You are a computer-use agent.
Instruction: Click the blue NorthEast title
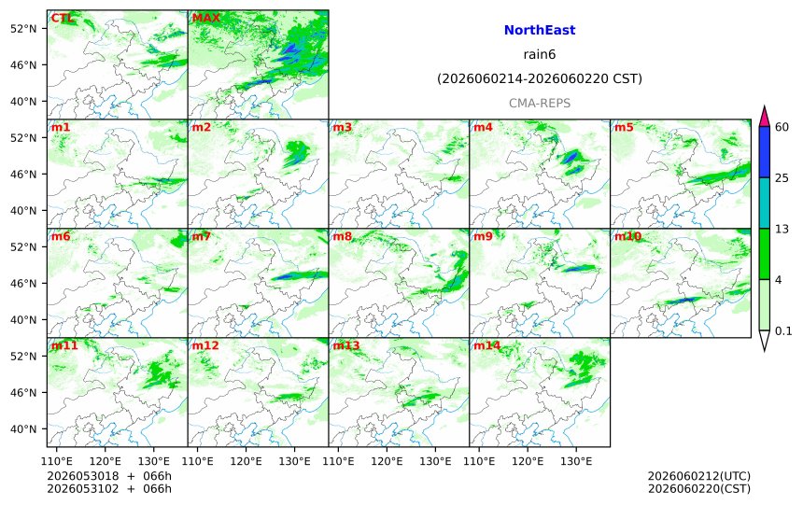tap(540, 30)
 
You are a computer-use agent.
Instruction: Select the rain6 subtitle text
tap(540, 54)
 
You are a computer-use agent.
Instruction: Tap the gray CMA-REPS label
tap(540, 103)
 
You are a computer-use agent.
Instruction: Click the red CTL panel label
tap(62, 18)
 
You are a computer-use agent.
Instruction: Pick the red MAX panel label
tap(205, 18)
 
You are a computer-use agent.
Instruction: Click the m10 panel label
tap(627, 236)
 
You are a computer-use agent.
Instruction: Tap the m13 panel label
tap(346, 345)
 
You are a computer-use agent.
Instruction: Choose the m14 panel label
tap(487, 345)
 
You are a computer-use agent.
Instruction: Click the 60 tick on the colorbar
tap(782, 127)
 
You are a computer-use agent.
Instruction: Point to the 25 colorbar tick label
tap(782, 177)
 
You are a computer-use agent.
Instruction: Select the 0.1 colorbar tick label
tap(783, 330)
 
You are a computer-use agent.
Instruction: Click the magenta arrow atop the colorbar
tap(765, 117)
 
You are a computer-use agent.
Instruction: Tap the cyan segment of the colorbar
tap(765, 203)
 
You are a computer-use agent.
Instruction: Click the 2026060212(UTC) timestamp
tap(699, 476)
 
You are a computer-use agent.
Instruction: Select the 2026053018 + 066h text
tap(109, 476)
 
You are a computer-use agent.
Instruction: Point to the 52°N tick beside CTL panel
tap(23, 29)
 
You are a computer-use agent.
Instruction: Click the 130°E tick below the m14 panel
tap(576, 461)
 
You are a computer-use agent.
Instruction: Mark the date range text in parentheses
tap(540, 78)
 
